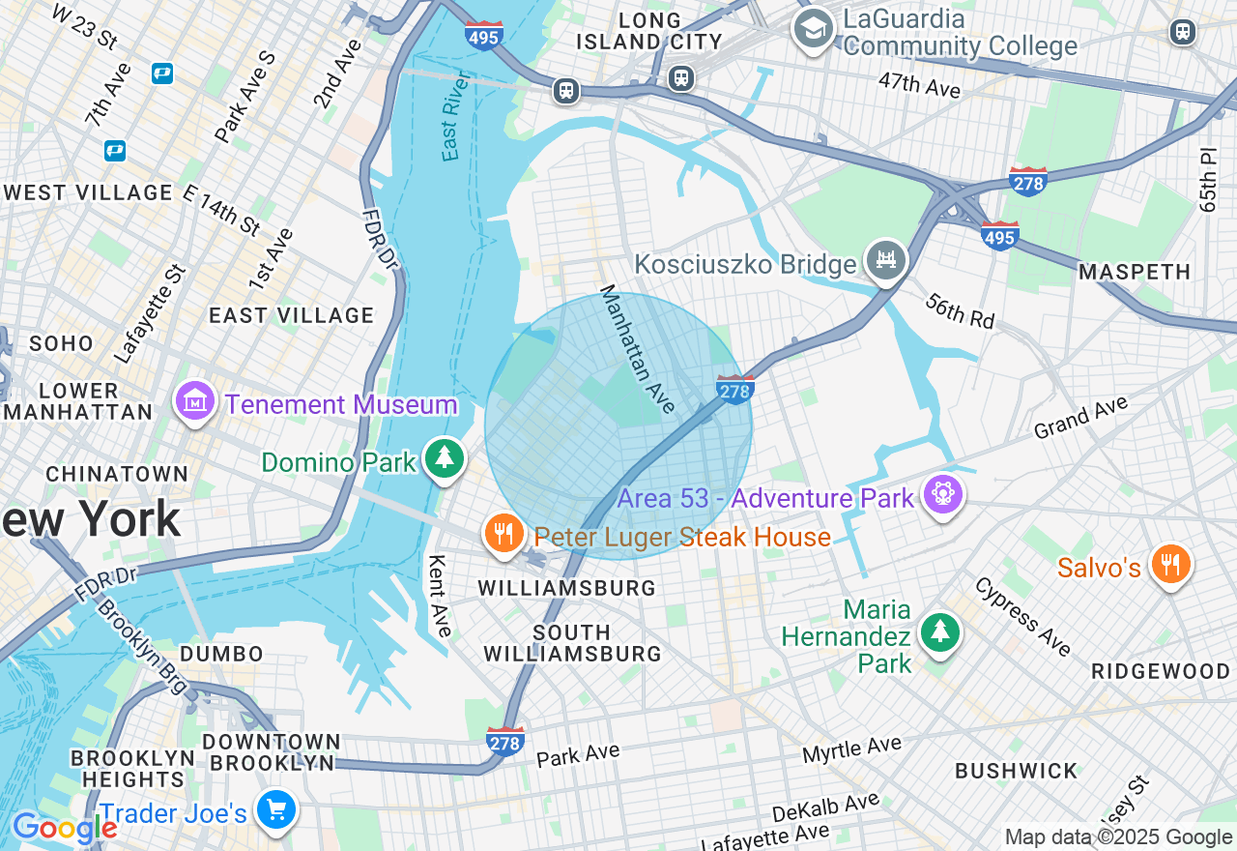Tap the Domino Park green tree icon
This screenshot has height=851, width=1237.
click(x=445, y=459)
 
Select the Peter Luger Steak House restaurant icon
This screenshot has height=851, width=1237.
click(x=503, y=534)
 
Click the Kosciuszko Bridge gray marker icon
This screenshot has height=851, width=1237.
click(x=886, y=260)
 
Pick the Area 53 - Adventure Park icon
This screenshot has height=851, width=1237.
click(x=941, y=495)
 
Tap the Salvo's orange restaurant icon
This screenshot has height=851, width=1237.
click(x=1170, y=565)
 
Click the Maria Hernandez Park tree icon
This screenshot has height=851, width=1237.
click(x=939, y=632)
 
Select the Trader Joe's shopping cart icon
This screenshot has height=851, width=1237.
click(x=276, y=810)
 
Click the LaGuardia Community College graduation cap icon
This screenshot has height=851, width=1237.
click(x=813, y=27)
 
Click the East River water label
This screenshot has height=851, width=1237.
click(x=455, y=116)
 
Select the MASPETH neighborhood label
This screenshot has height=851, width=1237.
click(x=1135, y=273)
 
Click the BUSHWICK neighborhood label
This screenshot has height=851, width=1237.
click(x=1016, y=771)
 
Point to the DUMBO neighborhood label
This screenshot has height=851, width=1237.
click(x=221, y=654)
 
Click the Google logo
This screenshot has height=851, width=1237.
click(x=65, y=829)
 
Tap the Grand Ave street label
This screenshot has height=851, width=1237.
click(x=1081, y=419)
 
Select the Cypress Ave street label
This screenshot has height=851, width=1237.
click(x=1022, y=617)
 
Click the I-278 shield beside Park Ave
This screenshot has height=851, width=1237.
click(x=505, y=741)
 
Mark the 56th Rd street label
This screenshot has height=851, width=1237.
click(x=960, y=310)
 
